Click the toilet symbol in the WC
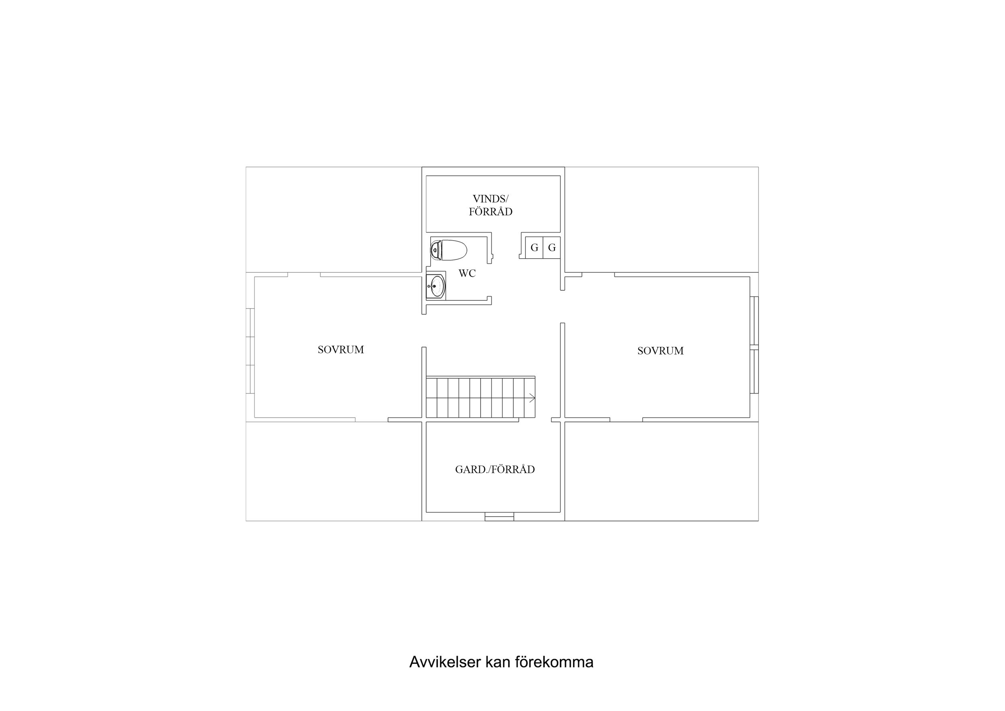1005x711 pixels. [x=449, y=250]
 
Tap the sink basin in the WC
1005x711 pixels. [x=436, y=286]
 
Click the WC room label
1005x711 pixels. [x=467, y=273]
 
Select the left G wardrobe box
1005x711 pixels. [x=534, y=247]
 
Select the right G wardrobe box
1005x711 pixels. [x=552, y=247]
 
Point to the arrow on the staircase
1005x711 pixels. [x=531, y=398]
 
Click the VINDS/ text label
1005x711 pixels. [x=490, y=199]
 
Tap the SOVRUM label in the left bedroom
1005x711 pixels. [x=341, y=350]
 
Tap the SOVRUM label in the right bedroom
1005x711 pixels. [x=660, y=350]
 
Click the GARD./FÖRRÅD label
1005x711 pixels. [x=495, y=470]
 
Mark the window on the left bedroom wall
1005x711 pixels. [x=250, y=351]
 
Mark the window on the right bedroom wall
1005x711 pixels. [x=754, y=345]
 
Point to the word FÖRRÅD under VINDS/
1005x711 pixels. [x=490, y=212]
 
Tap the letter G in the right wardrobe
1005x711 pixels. [x=552, y=247]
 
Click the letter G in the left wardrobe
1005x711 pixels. [x=534, y=247]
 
